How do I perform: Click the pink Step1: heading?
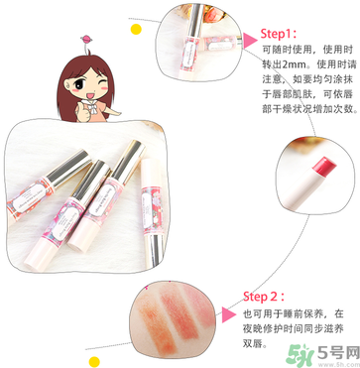click(284, 31)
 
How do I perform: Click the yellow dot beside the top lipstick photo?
click(136, 29)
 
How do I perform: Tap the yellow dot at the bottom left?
click(95, 350)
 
